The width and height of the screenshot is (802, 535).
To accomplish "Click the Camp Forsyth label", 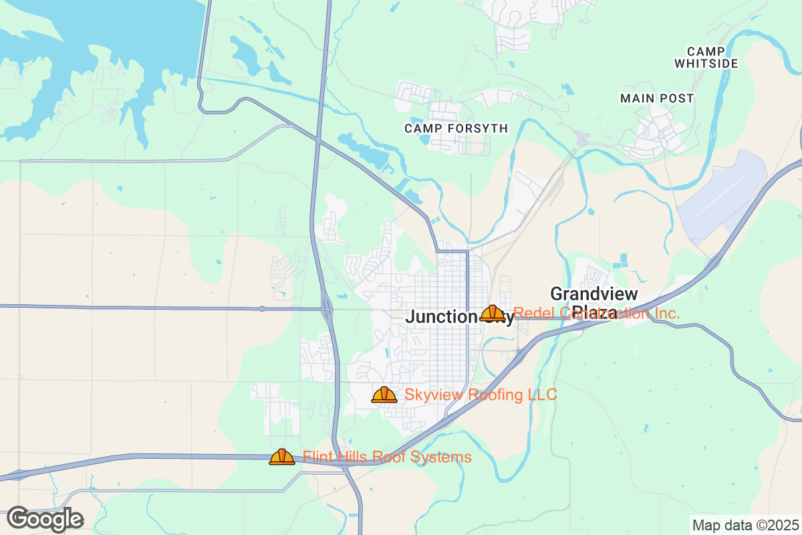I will pos(456,128).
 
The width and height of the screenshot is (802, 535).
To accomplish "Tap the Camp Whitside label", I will pos(706,58).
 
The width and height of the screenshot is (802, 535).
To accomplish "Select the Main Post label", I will pos(657,98).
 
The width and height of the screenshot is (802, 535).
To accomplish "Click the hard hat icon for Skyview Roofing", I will pos(384,395).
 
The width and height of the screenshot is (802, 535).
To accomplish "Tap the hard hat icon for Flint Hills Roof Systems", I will pos(282,457).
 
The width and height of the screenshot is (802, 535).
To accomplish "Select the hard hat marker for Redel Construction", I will pos(493,313).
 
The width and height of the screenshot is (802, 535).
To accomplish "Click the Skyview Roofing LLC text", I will pos(480,395).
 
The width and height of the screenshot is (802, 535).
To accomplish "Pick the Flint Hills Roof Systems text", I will pos(387,457).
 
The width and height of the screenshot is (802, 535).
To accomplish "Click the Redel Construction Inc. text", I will pos(596,313).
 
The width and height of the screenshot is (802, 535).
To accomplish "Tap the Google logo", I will pos(45,518).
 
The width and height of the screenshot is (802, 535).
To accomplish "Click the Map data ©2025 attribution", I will pos(745,525).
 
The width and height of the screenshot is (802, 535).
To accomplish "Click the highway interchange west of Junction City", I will pos(327,309).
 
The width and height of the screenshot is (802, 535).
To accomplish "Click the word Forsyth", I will pos(479,128).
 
